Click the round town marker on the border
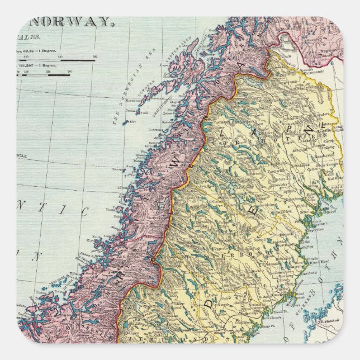[151, 259]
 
